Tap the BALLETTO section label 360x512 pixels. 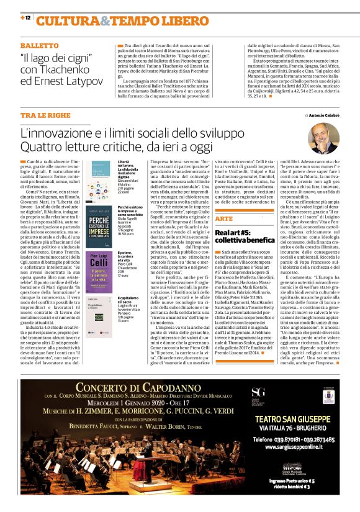(x=40, y=47)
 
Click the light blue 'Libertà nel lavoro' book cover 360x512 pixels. (x=100, y=176)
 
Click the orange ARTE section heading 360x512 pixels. (x=225, y=219)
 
